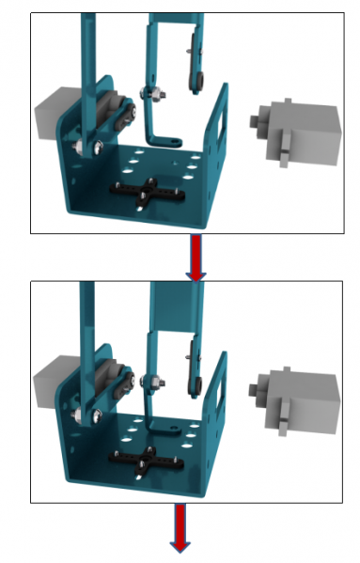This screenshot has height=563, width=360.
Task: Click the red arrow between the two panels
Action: tap(196, 257)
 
